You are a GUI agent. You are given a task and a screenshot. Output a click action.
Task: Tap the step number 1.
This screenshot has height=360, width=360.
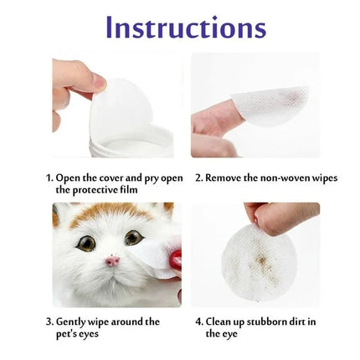pyautogui.click(x=48, y=177)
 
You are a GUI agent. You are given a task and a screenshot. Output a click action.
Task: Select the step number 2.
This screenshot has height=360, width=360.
pyautogui.click(x=198, y=177)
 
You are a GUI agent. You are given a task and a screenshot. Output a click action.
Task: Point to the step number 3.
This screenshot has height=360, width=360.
pyautogui.click(x=48, y=321)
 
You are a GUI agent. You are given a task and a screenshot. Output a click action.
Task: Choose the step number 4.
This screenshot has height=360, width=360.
pyautogui.click(x=198, y=321)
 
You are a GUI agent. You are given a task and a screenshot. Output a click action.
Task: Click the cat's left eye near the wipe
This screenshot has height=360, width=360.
pyautogui.click(x=133, y=238)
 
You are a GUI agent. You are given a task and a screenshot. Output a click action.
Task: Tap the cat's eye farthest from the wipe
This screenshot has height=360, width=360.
pyautogui.click(x=86, y=244)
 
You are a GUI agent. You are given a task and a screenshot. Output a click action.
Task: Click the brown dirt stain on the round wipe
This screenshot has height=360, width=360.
pyautogui.click(x=262, y=261)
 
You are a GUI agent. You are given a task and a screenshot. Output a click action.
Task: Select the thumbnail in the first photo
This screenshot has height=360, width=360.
pyautogui.click(x=98, y=81)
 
